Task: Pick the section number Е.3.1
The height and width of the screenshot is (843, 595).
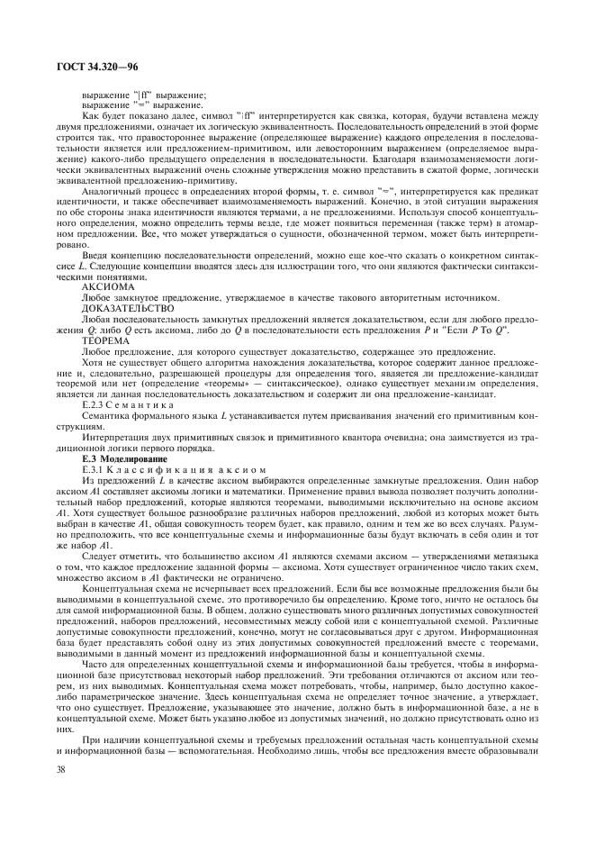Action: click(93, 468)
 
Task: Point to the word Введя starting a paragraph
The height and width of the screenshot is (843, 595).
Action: click(96, 281)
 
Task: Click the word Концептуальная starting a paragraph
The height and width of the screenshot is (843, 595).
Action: click(114, 586)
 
